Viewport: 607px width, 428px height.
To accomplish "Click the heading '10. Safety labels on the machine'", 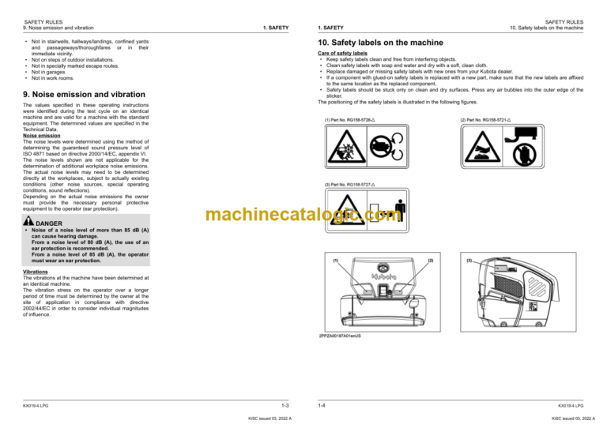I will point(379,41).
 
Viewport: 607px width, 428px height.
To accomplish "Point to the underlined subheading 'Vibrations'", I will point(37,271).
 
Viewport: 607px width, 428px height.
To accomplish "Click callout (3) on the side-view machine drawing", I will point(469,260).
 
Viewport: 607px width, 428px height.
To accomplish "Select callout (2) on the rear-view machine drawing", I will point(430,260).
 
